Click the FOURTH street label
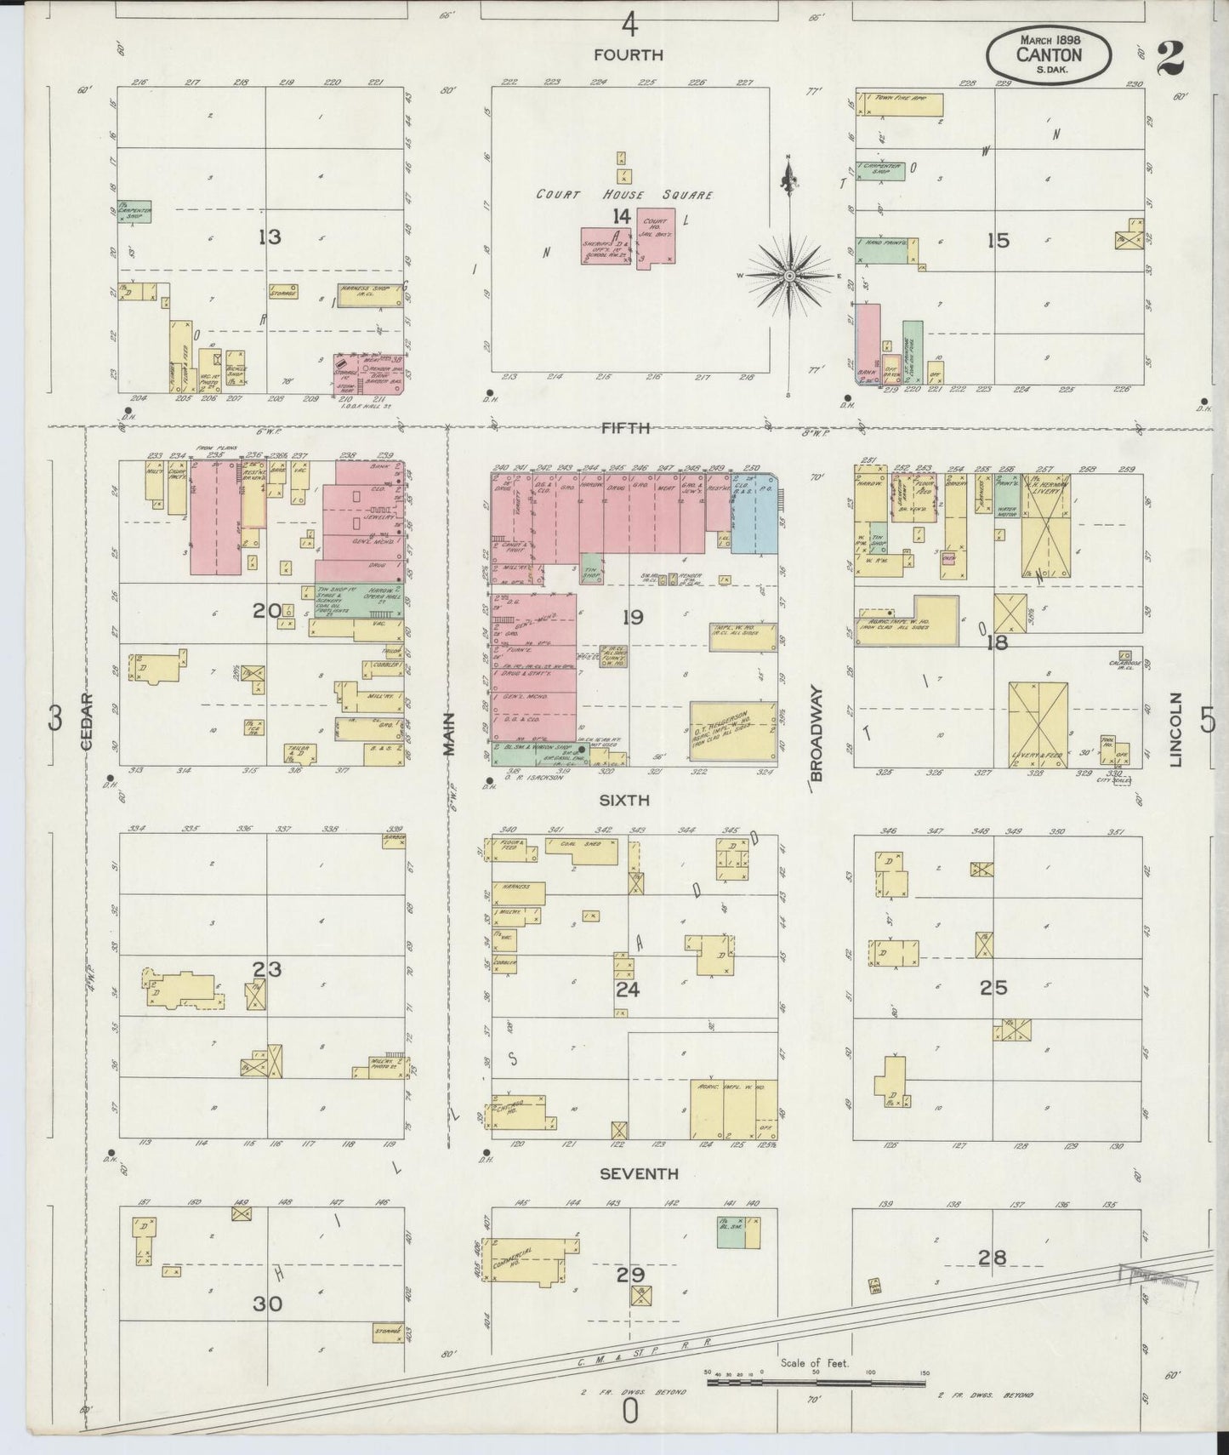[628, 54]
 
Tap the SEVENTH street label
[638, 1173]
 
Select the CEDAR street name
[87, 720]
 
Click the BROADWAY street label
[816, 733]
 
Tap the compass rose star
[790, 276]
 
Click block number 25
[993, 987]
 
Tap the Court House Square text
[623, 194]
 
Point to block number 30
[267, 1303]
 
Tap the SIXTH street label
[623, 800]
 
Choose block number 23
[267, 968]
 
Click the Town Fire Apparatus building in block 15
[900, 104]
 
